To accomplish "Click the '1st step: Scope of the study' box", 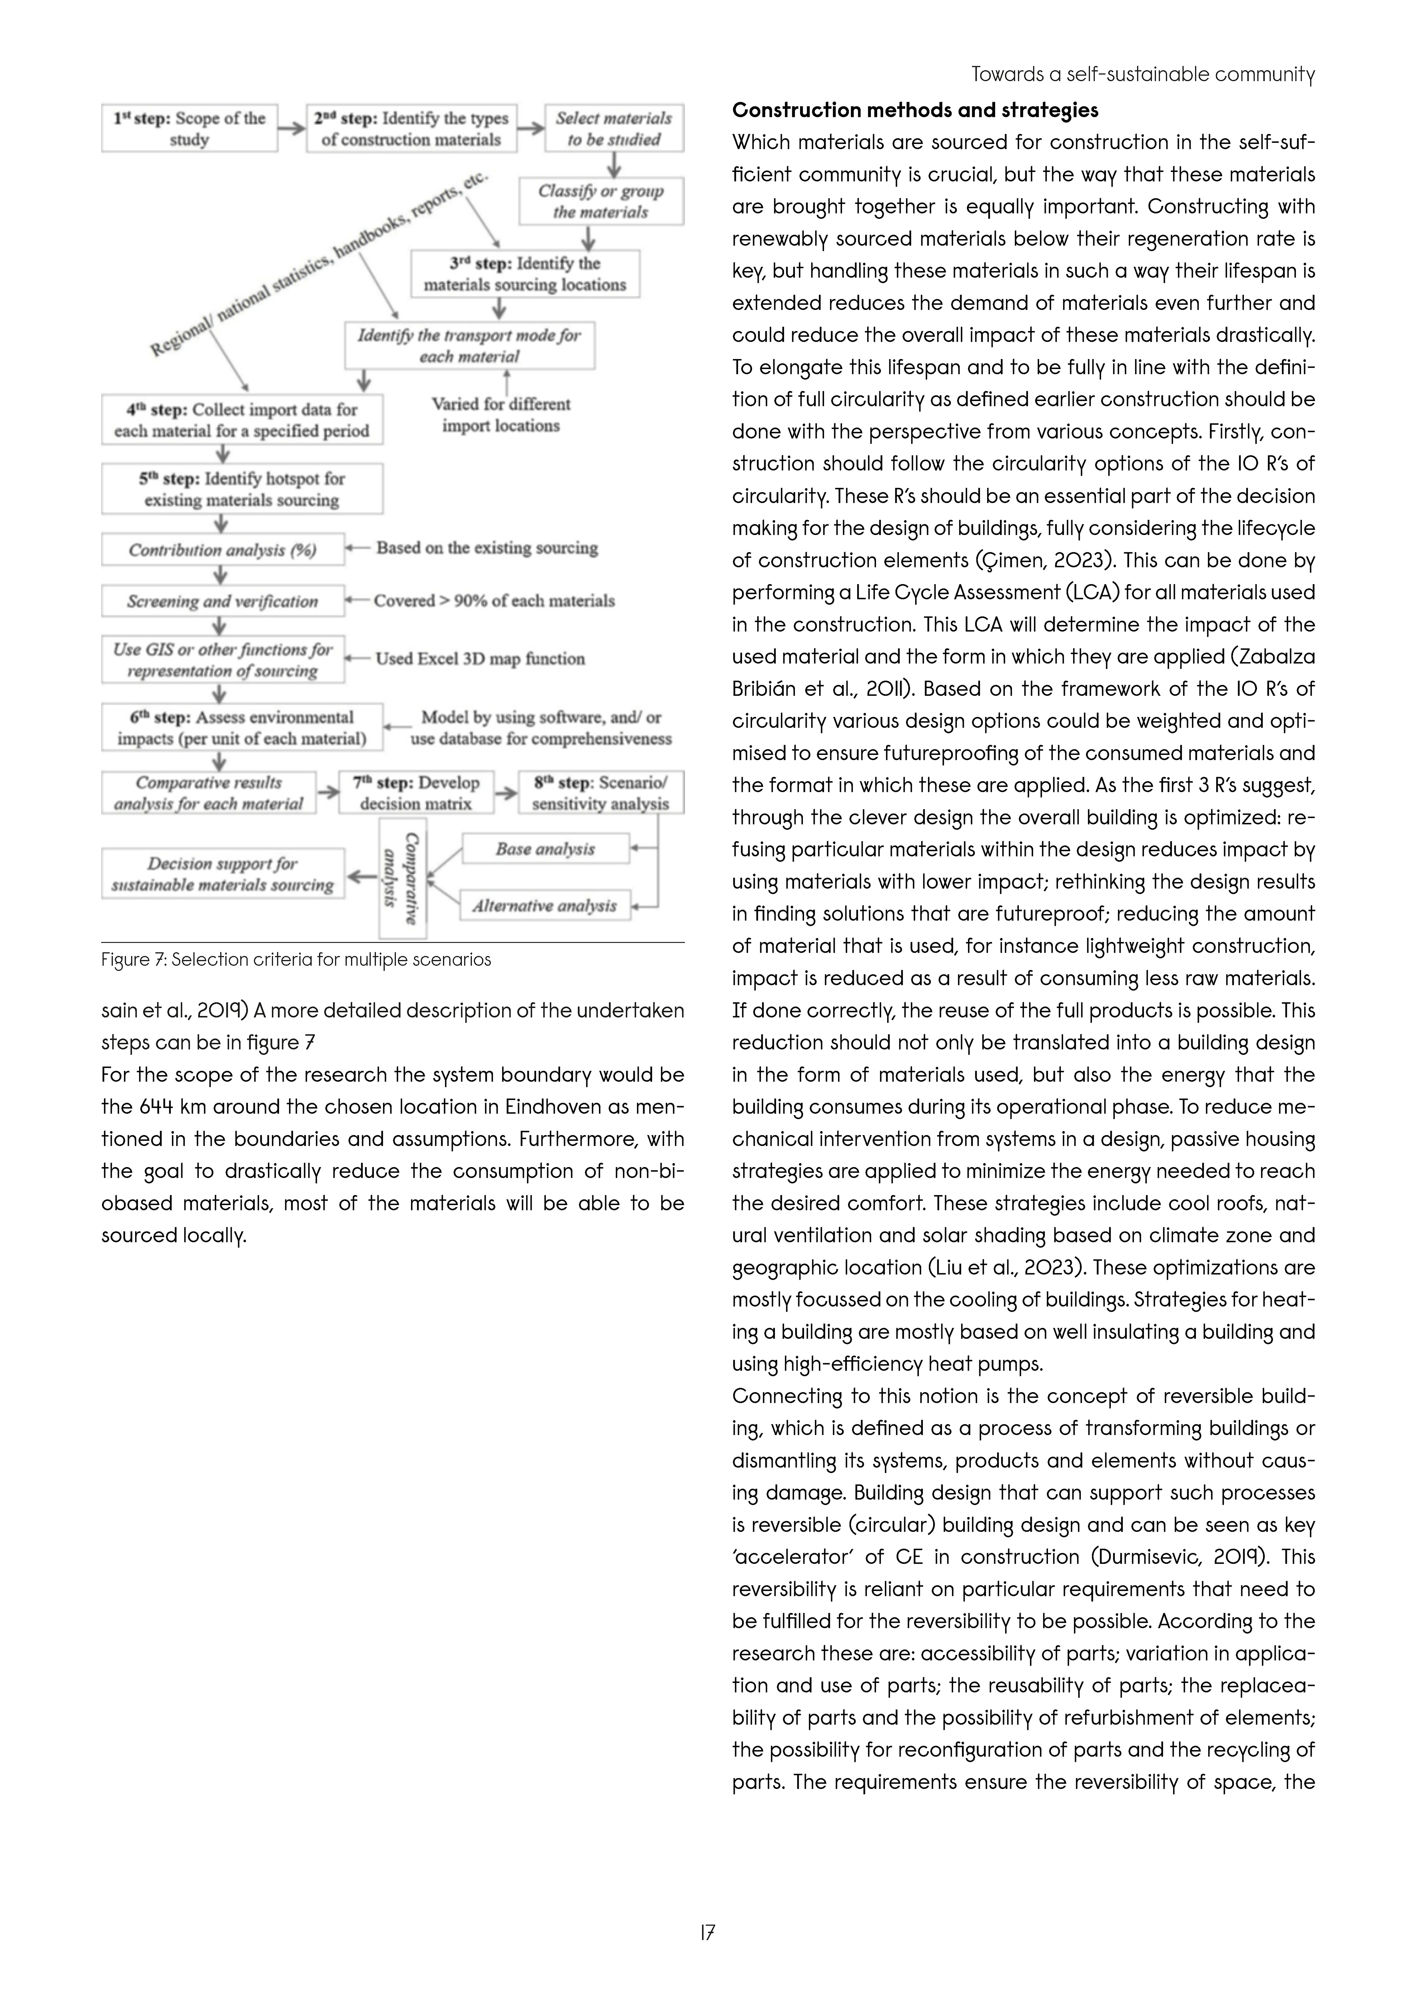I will (189, 128).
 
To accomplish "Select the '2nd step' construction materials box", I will (411, 128).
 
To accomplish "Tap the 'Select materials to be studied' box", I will (614, 128).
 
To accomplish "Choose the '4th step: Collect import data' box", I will (242, 420).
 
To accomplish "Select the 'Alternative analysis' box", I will (545, 906).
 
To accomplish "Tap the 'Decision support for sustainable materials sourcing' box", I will (223, 874).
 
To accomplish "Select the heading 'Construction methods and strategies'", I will (915, 110).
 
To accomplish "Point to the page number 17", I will (707, 1933).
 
